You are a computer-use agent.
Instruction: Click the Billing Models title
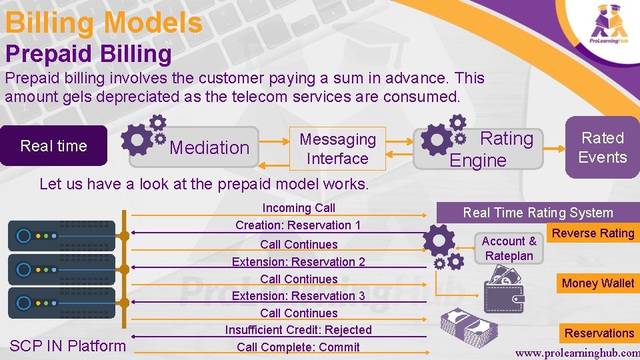(103, 23)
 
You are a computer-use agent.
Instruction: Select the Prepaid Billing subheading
(89, 54)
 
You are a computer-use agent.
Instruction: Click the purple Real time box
(54, 146)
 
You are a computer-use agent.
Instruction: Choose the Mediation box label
(209, 147)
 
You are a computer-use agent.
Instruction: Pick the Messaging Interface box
(337, 149)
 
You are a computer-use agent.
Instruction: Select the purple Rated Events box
(602, 147)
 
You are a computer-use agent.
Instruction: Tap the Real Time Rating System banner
(537, 213)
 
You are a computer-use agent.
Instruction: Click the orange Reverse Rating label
(593, 233)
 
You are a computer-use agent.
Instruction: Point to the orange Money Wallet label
(597, 283)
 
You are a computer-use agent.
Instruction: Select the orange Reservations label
(599, 333)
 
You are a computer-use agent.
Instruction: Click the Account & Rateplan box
(509, 249)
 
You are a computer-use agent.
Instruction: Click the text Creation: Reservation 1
(298, 225)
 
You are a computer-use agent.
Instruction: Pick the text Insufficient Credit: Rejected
(298, 330)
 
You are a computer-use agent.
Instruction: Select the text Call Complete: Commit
(298, 347)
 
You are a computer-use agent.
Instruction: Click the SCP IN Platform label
(67, 345)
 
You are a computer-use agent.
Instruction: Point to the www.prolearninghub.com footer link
(577, 351)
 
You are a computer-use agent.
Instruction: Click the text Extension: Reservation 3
(298, 295)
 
